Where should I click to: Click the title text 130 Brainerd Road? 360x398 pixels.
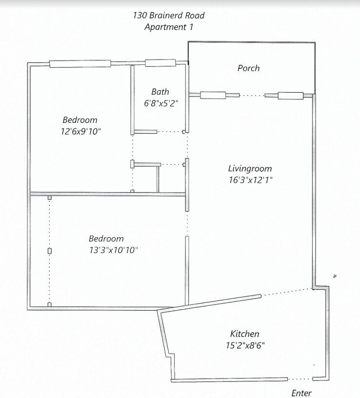coord(169,15)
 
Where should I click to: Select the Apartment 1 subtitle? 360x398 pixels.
coord(169,27)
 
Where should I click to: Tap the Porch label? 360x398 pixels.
coord(248,68)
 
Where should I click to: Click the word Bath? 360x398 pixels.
coord(160,92)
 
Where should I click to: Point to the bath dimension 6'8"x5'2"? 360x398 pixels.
coord(160,103)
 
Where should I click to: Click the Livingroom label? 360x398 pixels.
coord(250,169)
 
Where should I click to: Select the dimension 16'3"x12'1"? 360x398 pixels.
coord(250,180)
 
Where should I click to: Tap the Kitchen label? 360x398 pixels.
coord(244,334)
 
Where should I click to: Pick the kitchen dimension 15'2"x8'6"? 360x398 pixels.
coord(244,345)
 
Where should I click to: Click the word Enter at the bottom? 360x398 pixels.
coord(301,393)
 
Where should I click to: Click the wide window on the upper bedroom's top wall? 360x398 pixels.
coord(80,63)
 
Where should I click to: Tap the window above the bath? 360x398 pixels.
coord(160,62)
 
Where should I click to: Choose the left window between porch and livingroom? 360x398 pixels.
coord(213,95)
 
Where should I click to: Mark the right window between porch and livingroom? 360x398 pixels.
coord(291,95)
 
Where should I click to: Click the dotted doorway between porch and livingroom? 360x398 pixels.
coord(252,96)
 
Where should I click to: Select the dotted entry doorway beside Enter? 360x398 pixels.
coord(300,379)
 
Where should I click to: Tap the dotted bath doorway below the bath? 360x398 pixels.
coord(170,132)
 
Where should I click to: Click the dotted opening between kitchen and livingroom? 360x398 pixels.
coord(287,292)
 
